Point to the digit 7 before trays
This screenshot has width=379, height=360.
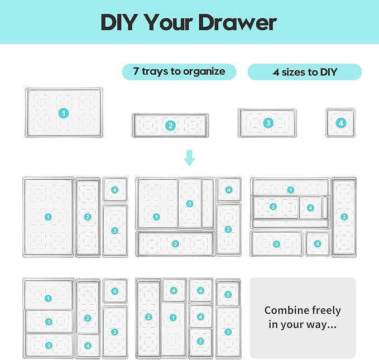[x=136, y=71]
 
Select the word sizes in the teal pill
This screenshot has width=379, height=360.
[x=296, y=72]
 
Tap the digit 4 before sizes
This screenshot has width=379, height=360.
[x=276, y=72]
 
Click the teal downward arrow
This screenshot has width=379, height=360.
[x=190, y=157]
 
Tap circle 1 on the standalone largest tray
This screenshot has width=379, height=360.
[x=64, y=113]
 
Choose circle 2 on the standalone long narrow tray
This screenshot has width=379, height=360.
[x=170, y=126]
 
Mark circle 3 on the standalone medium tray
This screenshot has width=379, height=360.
[x=268, y=122]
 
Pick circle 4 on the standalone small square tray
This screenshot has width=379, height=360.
[x=341, y=123]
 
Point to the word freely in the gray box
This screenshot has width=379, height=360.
[x=325, y=310]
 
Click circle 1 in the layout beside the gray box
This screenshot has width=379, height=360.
[x=173, y=318]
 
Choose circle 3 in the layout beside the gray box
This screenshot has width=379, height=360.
[x=228, y=332]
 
